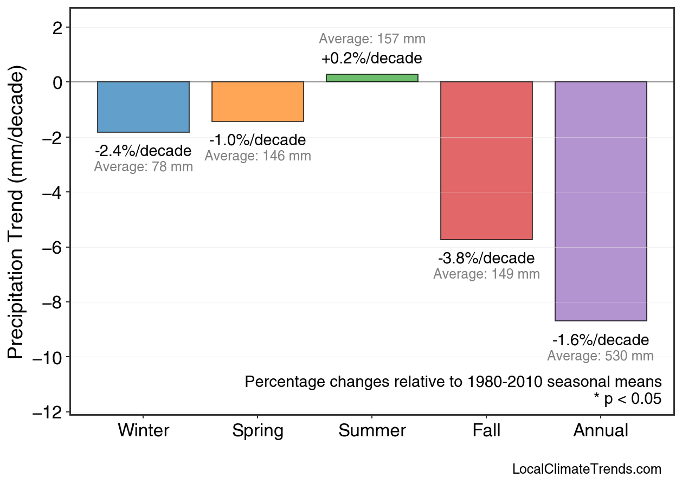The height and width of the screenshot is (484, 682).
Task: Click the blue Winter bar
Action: (143, 107)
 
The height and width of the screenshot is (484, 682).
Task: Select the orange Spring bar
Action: (258, 101)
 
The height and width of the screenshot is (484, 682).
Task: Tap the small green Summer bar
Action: (372, 78)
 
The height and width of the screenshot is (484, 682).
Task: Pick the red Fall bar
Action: (486, 160)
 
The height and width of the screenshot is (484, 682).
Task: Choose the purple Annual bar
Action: (601, 201)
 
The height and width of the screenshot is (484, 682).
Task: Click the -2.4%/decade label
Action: (143, 151)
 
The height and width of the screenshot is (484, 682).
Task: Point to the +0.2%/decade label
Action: (372, 58)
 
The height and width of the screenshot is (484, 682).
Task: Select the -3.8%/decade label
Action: (486, 258)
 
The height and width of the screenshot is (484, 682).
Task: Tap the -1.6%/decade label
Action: (601, 340)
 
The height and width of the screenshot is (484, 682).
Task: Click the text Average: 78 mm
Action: (143, 167)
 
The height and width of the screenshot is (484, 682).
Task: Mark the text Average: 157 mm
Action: (372, 39)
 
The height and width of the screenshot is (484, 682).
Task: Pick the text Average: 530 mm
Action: (600, 356)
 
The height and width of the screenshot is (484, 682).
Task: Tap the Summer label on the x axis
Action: (372, 431)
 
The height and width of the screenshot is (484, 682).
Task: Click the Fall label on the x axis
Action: (486, 431)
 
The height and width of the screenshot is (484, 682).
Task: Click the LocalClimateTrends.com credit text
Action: (587, 469)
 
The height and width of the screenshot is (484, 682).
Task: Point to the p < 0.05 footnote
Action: (628, 399)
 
